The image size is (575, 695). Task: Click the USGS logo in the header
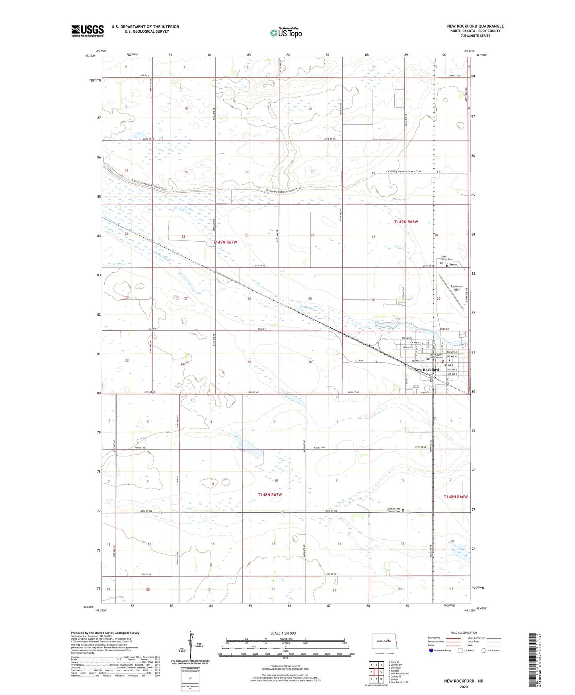point(88,31)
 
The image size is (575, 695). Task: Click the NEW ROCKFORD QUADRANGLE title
point(475,26)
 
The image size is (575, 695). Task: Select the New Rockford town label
point(427,369)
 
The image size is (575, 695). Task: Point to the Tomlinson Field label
point(456,288)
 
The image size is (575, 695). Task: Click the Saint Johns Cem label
point(444,258)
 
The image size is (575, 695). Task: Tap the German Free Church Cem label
point(394,510)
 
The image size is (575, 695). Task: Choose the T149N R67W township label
point(225,242)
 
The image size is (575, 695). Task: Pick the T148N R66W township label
point(456,497)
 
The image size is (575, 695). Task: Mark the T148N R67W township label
point(270,495)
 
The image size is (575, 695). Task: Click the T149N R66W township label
point(406,222)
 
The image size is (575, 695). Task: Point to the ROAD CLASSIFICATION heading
point(464,633)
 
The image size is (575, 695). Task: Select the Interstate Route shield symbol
point(431,650)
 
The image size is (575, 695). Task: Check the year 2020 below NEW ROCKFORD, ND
point(464,687)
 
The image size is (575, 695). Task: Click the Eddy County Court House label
point(436,356)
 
